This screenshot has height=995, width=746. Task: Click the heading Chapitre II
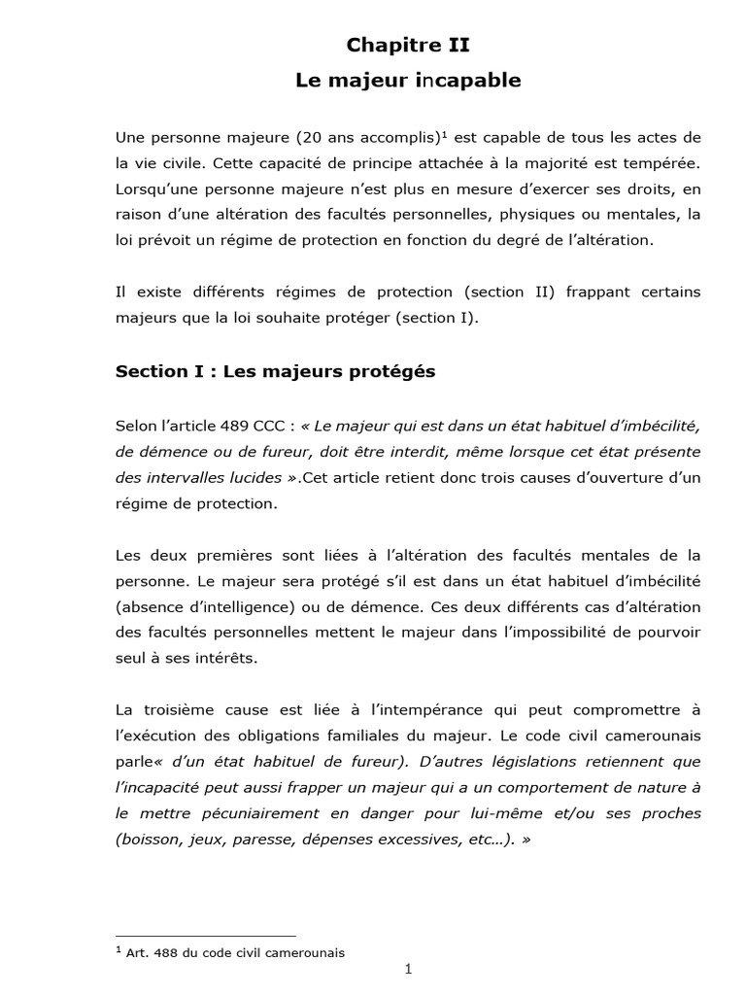coord(408,45)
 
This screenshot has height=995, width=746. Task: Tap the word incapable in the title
coord(467,82)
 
